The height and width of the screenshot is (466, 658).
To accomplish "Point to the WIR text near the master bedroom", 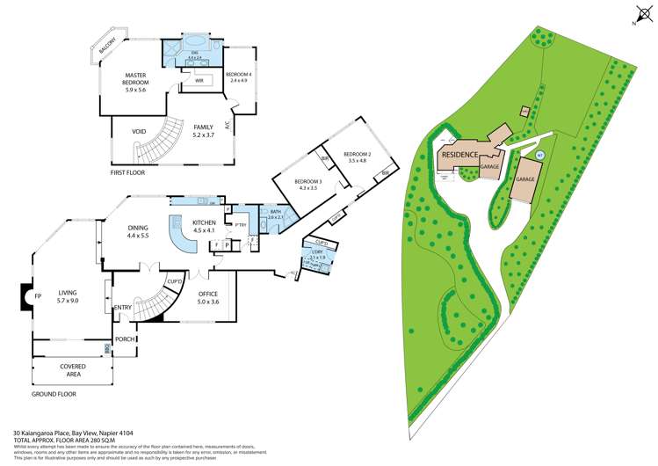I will [199, 80].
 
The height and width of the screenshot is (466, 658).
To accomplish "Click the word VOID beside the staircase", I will [138, 132].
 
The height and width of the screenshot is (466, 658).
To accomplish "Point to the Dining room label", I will [139, 231].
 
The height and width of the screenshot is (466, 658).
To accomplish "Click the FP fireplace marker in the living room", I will [37, 296].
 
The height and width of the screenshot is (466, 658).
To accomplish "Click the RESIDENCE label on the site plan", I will [460, 155].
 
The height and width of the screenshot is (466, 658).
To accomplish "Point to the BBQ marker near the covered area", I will [106, 348].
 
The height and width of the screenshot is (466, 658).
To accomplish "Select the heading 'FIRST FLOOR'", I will [127, 173].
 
